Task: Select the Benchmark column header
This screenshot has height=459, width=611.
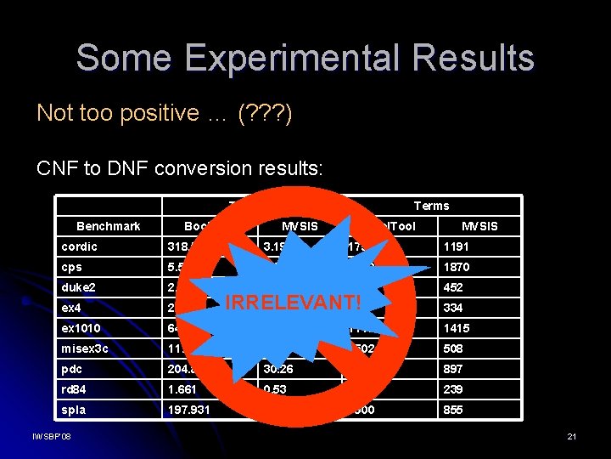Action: (x=108, y=226)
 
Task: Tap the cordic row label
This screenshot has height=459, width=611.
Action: (x=79, y=246)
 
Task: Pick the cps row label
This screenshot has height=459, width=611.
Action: (x=72, y=267)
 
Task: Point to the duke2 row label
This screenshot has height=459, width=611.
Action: (x=78, y=287)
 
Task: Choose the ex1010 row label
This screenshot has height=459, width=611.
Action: (x=81, y=328)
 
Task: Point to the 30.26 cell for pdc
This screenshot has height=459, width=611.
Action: (x=279, y=369)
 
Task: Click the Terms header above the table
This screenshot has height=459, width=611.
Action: (x=431, y=206)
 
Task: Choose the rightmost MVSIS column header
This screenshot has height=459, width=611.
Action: (x=479, y=226)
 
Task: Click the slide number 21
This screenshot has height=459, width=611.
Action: (x=571, y=436)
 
